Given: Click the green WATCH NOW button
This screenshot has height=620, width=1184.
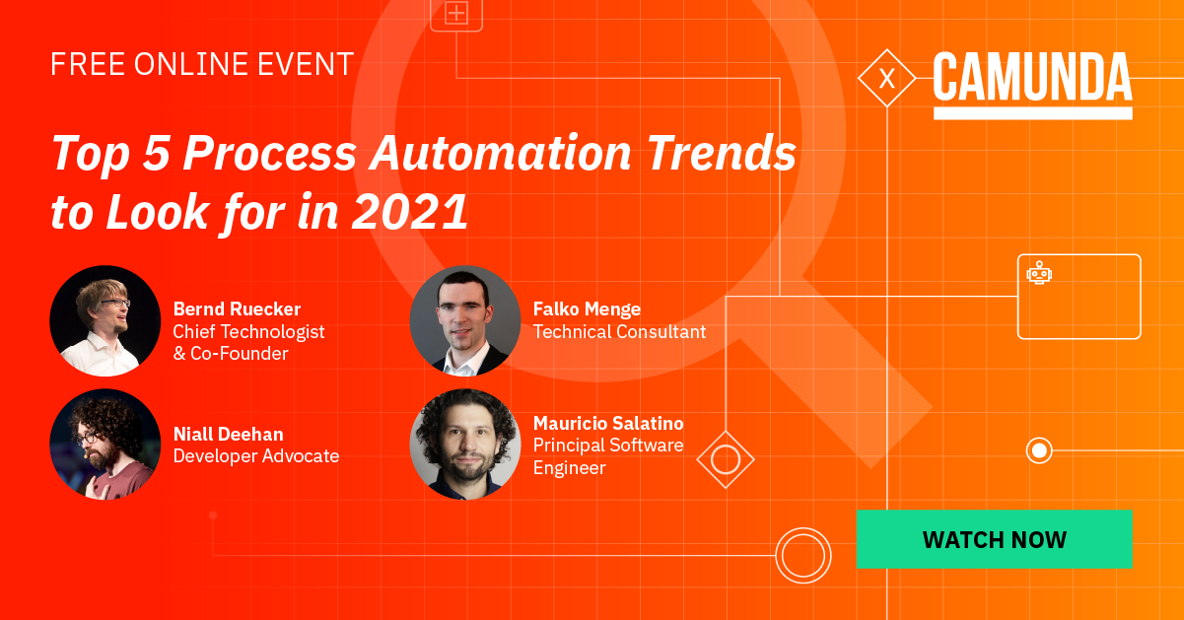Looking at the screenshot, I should pos(994,539).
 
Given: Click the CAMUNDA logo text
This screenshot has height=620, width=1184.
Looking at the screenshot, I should pos(1032,79).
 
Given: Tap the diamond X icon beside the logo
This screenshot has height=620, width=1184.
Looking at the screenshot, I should pos(886,78).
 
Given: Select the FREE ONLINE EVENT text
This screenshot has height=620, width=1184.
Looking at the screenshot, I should pos(202,65).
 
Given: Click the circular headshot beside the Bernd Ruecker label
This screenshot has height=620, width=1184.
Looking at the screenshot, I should pos(104,321).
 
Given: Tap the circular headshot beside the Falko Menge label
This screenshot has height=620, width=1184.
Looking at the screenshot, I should pos(464,321).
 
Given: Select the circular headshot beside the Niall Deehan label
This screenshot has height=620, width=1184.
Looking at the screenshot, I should pos(104,445).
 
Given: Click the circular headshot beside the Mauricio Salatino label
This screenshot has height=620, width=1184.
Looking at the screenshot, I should pos(464,445).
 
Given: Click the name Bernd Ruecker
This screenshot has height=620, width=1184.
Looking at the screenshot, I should pos(237,309).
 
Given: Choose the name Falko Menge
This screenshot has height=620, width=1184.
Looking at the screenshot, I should pos(587,309).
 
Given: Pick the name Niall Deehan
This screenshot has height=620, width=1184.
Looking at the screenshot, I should pos(228,433).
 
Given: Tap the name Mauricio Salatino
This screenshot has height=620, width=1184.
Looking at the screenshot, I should pos(608,423).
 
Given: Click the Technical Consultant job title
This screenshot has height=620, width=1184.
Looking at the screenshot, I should pos(619,332).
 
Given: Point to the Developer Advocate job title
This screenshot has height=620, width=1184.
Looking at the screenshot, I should pos(256,455).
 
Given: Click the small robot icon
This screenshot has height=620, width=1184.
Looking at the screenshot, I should pos(1039,273).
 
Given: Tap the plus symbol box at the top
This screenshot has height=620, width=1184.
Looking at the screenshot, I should pos(455,14).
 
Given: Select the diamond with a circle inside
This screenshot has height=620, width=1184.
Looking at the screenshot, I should pos(726,459).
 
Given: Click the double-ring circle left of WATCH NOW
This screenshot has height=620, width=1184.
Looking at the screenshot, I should pos(803,556).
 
